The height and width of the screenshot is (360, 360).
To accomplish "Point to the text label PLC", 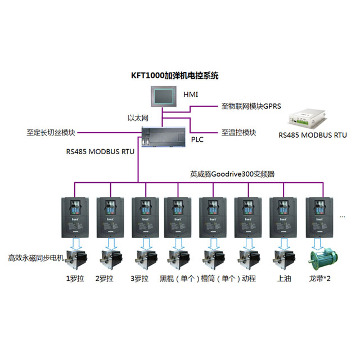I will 197,139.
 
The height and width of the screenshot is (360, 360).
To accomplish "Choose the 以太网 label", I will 138,118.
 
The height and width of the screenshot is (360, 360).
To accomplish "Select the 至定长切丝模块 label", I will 51,133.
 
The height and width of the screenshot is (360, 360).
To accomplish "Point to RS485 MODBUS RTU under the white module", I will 313,135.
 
